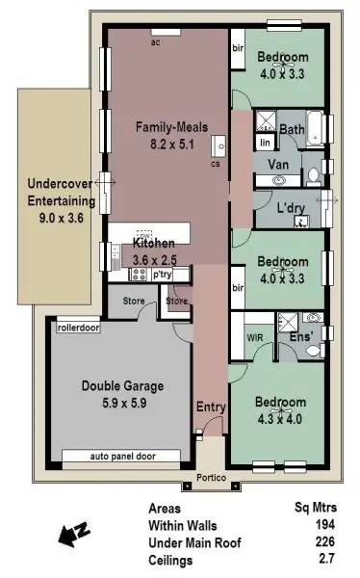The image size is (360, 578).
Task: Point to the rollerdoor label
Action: (79, 328)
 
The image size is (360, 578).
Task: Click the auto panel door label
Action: (121, 456)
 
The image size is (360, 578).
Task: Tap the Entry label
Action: (211, 407)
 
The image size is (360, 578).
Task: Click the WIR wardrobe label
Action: (255, 338)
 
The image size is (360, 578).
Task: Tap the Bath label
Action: (293, 130)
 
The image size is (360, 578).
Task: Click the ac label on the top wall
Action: (155, 43)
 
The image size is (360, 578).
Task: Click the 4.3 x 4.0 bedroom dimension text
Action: (280, 418)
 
